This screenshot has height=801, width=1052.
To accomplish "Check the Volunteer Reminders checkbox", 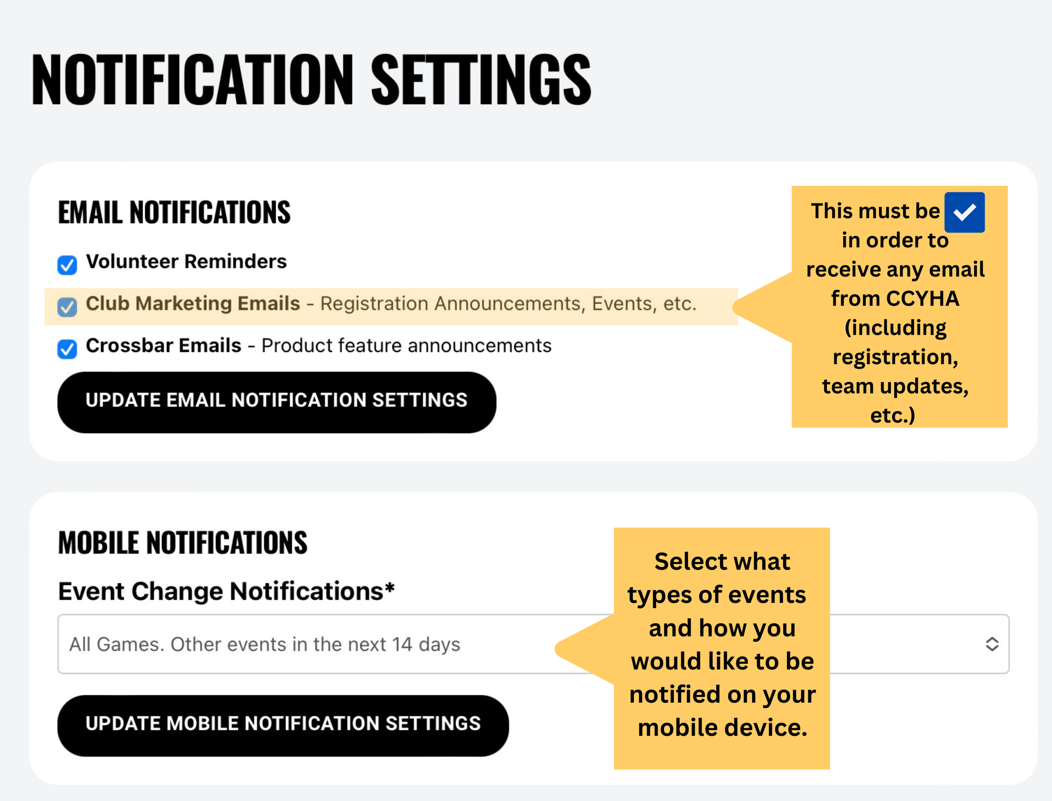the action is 67,265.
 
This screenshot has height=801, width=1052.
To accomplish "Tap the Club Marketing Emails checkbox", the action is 67,307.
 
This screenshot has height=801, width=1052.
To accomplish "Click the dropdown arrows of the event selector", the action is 992,644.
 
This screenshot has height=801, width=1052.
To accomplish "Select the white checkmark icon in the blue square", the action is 965,212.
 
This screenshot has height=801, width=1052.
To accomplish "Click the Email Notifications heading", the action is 174,212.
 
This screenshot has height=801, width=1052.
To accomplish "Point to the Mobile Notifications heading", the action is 183,542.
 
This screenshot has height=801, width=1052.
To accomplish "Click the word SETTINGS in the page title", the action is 481,80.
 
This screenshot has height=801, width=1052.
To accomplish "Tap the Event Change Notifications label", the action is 221,591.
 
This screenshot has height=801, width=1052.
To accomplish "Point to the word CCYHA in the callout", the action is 923,299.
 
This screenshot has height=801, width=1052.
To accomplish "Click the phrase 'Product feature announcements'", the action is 407,345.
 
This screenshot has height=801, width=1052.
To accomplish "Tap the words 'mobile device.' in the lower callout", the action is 722,728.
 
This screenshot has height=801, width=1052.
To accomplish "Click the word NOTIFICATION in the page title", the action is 193,80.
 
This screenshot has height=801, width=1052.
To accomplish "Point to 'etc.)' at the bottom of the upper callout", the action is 893,416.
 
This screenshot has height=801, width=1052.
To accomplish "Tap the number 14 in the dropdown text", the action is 402,644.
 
